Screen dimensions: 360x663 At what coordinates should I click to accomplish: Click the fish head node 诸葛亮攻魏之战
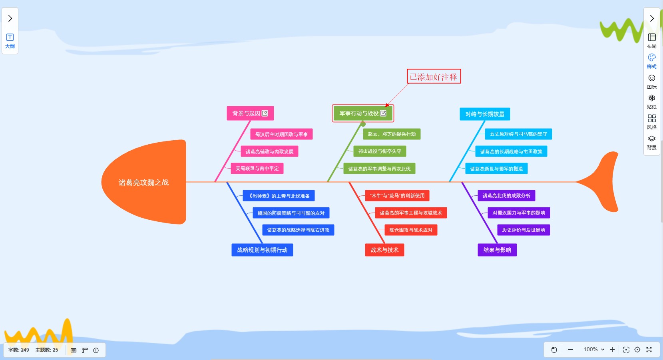click(143, 182)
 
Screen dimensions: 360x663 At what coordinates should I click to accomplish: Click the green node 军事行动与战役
click(358, 113)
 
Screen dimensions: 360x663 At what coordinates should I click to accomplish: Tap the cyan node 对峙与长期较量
click(484, 114)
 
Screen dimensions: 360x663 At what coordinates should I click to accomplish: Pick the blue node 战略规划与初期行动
click(262, 250)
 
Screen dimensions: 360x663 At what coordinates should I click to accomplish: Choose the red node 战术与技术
click(384, 250)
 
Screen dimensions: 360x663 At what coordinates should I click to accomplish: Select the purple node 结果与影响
click(497, 250)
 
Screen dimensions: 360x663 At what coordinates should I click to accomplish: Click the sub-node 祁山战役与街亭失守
click(380, 151)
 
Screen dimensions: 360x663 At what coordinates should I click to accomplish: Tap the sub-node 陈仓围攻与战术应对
click(411, 230)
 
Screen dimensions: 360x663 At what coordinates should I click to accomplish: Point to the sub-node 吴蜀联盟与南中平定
click(257, 169)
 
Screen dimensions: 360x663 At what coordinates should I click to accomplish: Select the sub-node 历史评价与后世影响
click(524, 230)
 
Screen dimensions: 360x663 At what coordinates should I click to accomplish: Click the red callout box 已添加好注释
click(434, 76)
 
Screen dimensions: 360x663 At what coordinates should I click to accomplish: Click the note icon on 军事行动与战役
click(383, 113)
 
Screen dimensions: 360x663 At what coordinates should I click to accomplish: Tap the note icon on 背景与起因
click(265, 113)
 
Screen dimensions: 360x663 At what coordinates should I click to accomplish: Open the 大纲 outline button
click(10, 41)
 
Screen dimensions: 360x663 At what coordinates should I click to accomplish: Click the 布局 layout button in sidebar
click(652, 40)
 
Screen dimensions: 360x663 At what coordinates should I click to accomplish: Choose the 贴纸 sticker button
click(652, 101)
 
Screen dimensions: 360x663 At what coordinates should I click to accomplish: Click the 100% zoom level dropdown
click(594, 350)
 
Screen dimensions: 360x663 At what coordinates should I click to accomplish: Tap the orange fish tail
click(603, 182)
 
